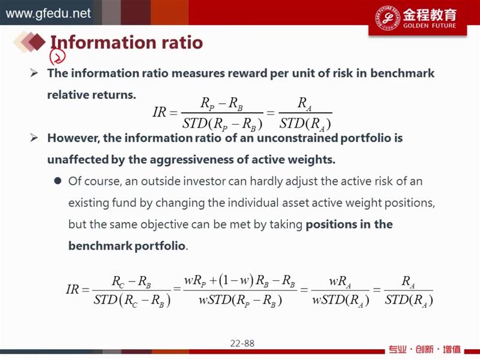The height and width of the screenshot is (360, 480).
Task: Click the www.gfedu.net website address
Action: coord(48,13)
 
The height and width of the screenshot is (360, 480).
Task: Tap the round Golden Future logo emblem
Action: coord(388,18)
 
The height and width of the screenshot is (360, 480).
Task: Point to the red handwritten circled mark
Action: coord(58,57)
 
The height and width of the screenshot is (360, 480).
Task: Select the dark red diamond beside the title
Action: coord(37,41)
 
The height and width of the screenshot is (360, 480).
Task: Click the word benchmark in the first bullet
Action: coord(402,73)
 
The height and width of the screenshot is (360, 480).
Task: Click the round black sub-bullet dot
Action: coord(58,181)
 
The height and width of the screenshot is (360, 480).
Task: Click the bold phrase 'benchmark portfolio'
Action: coord(127,246)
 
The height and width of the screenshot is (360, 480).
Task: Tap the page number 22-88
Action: coord(242,343)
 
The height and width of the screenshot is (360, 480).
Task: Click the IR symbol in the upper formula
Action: coord(160,112)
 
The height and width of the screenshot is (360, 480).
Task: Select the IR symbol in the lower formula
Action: coord(73,289)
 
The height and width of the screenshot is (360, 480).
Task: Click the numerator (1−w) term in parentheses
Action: coord(236,280)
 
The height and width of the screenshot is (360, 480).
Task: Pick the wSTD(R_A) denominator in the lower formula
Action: coord(340,300)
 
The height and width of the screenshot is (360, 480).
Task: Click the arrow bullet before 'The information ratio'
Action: coord(34,73)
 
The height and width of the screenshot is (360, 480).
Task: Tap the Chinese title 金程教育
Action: coord(430,14)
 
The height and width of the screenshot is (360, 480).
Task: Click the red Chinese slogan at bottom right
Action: coord(424,349)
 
